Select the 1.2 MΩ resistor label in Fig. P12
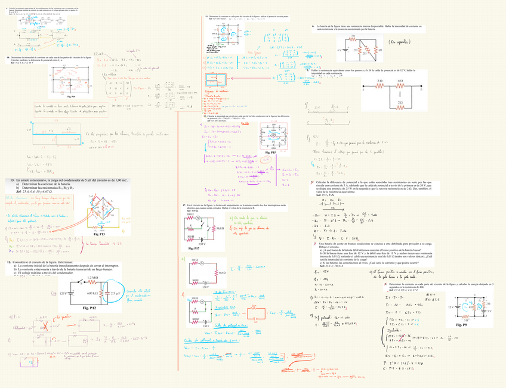[x=92, y=278]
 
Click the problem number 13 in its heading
[x=12, y=180]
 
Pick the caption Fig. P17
[x=193, y=247]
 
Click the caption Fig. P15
[x=269, y=153]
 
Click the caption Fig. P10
[x=71, y=96]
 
